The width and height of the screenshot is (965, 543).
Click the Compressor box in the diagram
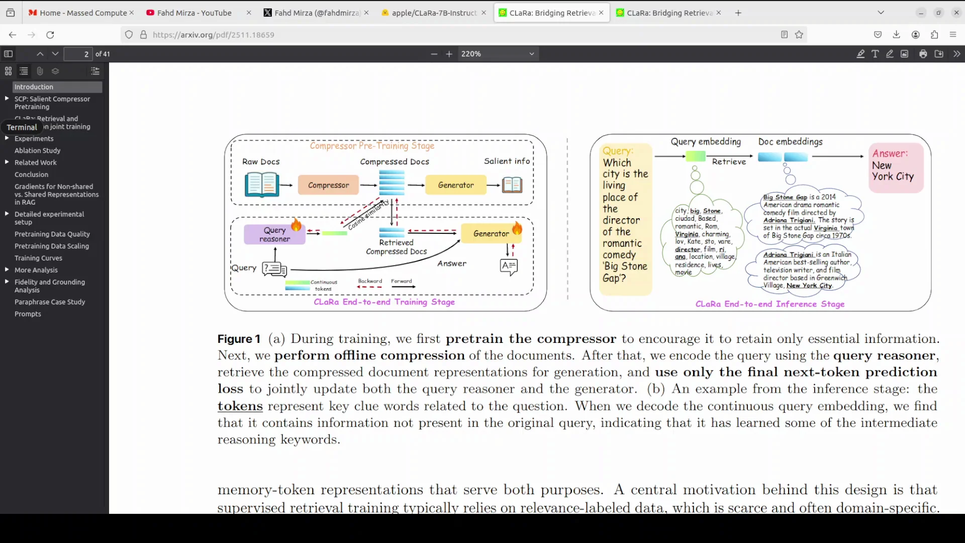[x=328, y=185]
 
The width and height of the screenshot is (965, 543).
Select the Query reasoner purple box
[x=274, y=234]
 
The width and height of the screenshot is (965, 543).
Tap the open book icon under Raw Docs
[x=261, y=185]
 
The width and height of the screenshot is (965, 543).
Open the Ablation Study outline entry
[x=37, y=150]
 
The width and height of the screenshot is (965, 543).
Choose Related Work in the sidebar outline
[x=35, y=162]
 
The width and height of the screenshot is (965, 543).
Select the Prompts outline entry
[x=28, y=314]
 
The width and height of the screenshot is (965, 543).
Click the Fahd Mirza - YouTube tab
[x=194, y=13]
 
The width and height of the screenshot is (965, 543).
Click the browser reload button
[x=50, y=35]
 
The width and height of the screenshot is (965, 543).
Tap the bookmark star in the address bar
[x=799, y=35]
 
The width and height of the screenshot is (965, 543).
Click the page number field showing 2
[x=79, y=54]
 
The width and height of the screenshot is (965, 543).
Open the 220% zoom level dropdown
[x=497, y=54]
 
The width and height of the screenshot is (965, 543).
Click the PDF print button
[x=923, y=54]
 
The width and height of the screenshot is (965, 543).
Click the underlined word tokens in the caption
[x=240, y=406]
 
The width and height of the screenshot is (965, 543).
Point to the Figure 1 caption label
[x=239, y=339]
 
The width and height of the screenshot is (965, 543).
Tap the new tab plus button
[x=738, y=13]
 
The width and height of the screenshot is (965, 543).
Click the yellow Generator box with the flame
[x=491, y=233]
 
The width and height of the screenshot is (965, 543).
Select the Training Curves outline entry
[x=38, y=258]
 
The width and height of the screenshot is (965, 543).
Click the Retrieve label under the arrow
[x=729, y=161]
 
